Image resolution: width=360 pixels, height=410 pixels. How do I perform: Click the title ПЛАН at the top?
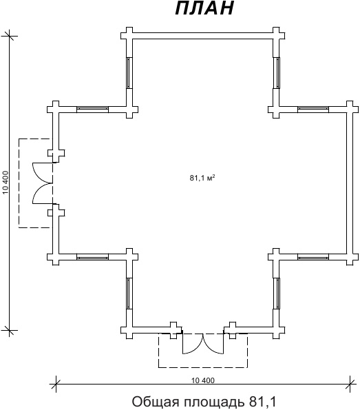tap(204, 8)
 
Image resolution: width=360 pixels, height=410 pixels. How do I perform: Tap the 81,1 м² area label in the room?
tap(202, 178)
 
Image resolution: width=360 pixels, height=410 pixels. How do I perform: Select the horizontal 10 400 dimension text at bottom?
tap(203, 380)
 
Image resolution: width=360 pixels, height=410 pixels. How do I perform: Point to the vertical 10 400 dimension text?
tap(6, 183)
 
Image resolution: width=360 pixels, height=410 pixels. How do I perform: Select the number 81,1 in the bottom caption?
tap(262, 402)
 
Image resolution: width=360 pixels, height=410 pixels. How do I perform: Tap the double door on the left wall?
tap(43, 183)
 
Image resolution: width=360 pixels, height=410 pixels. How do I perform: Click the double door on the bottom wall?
tap(203, 343)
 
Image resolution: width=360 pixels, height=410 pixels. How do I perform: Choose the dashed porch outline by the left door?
tap(19, 183)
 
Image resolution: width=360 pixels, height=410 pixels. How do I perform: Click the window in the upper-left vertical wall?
tap(129, 73)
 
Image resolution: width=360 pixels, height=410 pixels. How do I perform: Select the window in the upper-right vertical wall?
tap(277, 73)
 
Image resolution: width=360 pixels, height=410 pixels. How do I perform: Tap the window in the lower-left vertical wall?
tap(129, 294)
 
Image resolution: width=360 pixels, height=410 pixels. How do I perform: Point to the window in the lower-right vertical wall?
tap(277, 294)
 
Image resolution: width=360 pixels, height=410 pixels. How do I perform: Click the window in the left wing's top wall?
tap(92, 109)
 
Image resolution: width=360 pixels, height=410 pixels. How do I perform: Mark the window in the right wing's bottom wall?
tap(313, 257)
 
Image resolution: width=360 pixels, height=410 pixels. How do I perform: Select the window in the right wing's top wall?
tap(313, 109)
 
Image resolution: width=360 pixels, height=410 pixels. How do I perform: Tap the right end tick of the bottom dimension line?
tap(350, 384)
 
